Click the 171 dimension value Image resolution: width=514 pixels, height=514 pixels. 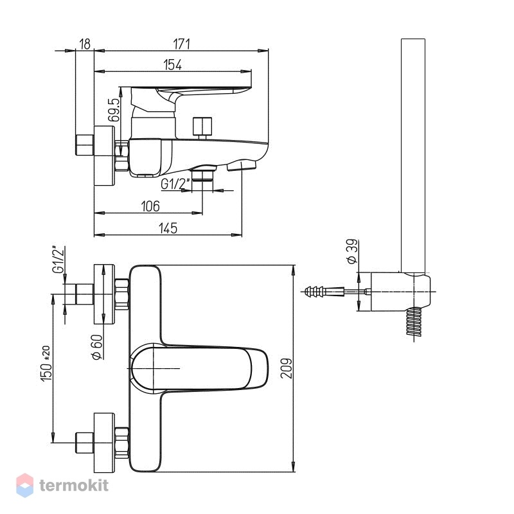(181, 44)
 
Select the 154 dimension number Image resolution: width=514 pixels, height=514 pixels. (172, 65)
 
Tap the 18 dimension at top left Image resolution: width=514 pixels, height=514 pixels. (85, 44)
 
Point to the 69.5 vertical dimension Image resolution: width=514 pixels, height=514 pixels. (114, 110)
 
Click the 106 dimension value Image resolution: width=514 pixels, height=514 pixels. (150, 206)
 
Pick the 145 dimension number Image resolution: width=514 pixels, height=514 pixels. (168, 228)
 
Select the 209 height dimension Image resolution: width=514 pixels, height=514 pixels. (286, 368)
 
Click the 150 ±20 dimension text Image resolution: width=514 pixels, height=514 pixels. (46, 363)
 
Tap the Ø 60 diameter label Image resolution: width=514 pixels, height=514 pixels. (97, 347)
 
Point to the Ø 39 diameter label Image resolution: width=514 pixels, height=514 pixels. (351, 252)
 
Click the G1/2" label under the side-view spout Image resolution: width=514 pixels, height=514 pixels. (175, 184)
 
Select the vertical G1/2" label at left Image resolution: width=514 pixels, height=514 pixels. (58, 260)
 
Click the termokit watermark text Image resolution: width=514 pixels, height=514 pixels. (74, 486)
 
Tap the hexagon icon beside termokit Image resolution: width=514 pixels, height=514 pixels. (24, 485)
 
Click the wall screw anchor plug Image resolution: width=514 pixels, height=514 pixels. (324, 291)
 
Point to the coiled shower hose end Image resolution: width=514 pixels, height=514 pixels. (414, 322)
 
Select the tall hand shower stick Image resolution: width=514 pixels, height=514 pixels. (413, 155)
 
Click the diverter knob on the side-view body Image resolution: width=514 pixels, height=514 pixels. (202, 128)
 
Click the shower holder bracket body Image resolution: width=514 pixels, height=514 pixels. (400, 292)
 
